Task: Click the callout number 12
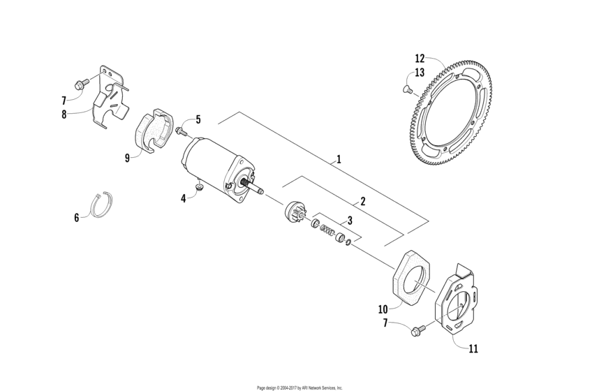click(x=420, y=59)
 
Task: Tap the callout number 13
click(x=420, y=72)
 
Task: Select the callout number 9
click(x=127, y=158)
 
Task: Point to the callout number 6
click(x=76, y=218)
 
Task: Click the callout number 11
click(x=473, y=348)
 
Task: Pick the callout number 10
click(x=383, y=309)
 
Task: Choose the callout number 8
click(x=64, y=115)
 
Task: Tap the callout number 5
click(x=198, y=119)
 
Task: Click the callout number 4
click(x=184, y=199)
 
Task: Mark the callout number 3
click(x=350, y=221)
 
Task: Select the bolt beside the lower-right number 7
click(x=418, y=330)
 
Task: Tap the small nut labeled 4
click(x=198, y=187)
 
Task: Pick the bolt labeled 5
click(x=181, y=131)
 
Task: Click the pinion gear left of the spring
click(x=294, y=212)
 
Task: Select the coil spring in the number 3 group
click(x=327, y=230)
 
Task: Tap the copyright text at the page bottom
click(x=299, y=388)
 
